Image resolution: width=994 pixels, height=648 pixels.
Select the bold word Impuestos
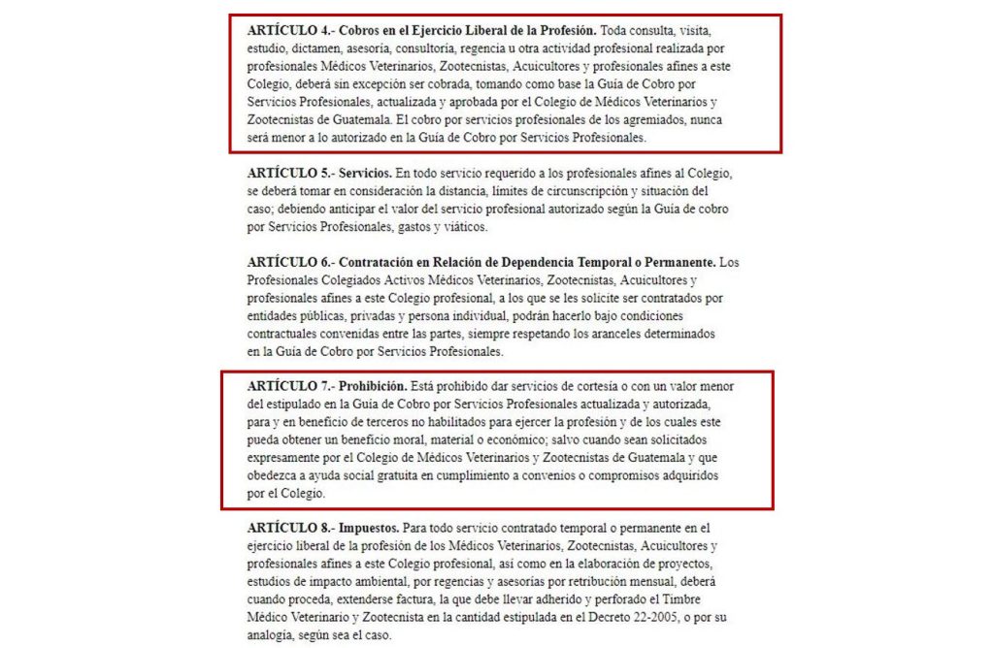[x=368, y=529]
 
